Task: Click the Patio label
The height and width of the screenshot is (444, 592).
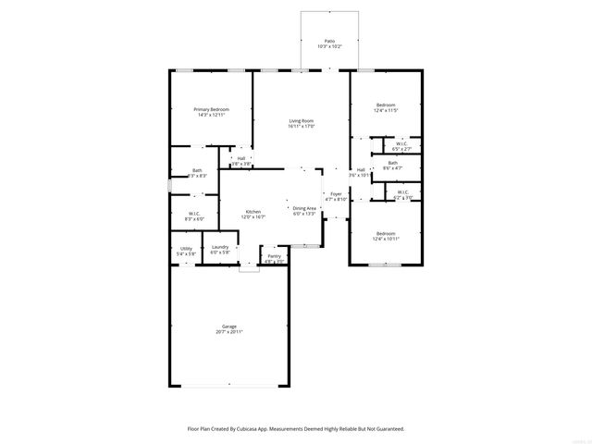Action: pyautogui.click(x=329, y=42)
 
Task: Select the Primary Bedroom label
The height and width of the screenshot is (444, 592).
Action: pyautogui.click(x=211, y=109)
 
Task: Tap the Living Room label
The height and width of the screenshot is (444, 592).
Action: pyautogui.click(x=302, y=121)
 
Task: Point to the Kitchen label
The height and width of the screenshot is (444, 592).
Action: pyautogui.click(x=253, y=211)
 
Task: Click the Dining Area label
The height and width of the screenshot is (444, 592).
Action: pyautogui.click(x=304, y=208)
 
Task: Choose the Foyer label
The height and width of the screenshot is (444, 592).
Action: pyautogui.click(x=336, y=193)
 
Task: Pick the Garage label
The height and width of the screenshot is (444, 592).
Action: pyautogui.click(x=228, y=327)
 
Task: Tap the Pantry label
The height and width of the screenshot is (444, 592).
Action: pyautogui.click(x=274, y=256)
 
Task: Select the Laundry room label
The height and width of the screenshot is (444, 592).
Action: pyautogui.click(x=219, y=247)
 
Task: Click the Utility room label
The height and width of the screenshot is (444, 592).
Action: pyautogui.click(x=186, y=247)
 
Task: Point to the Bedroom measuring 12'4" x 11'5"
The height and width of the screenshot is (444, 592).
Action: pyautogui.click(x=386, y=105)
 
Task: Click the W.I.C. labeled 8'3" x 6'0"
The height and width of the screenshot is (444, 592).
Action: pyautogui.click(x=195, y=214)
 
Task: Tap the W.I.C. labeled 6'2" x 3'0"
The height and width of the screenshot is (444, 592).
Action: pyautogui.click(x=403, y=191)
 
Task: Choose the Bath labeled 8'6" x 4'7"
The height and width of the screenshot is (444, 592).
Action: pyautogui.click(x=393, y=163)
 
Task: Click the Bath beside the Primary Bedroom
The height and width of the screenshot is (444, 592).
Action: pyautogui.click(x=197, y=170)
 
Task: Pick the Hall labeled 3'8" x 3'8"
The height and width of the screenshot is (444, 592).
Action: pyautogui.click(x=240, y=158)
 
